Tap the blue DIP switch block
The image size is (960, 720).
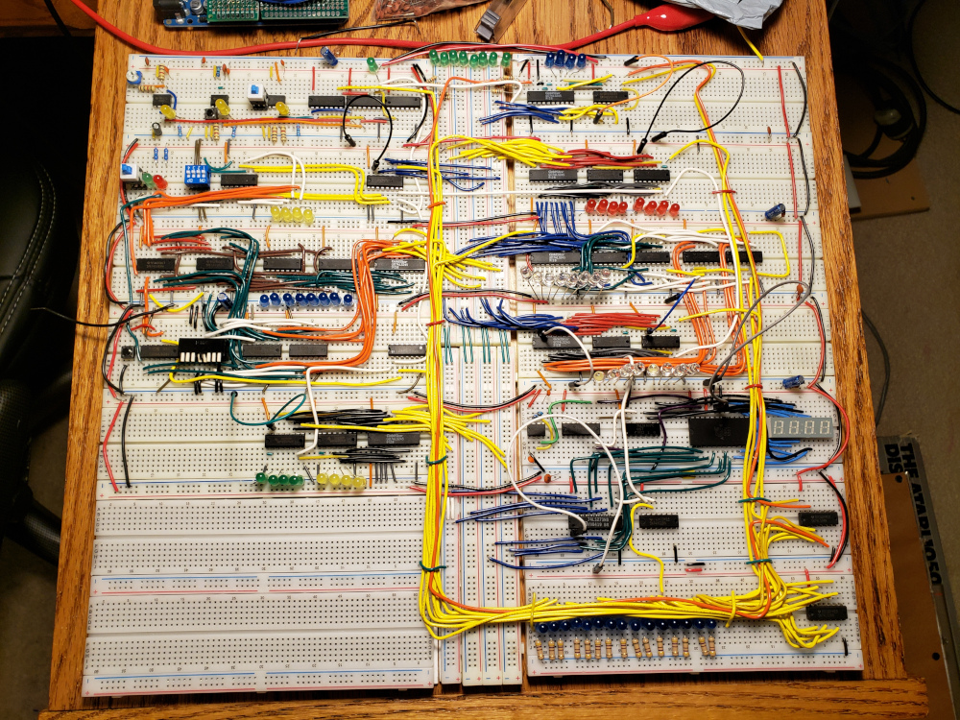tap(197, 176)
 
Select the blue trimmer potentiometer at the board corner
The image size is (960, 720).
tap(133, 77)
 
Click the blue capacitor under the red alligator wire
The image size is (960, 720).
tap(329, 57)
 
